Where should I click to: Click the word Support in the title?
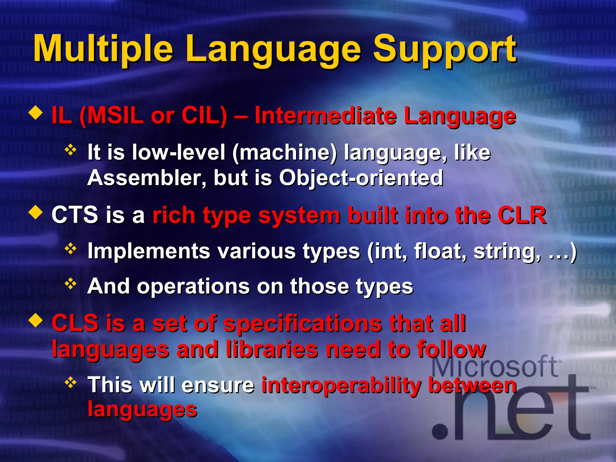(x=445, y=49)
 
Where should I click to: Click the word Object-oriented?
(x=361, y=178)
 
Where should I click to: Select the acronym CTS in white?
(x=75, y=215)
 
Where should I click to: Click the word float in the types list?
(x=439, y=251)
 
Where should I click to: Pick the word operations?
(x=193, y=286)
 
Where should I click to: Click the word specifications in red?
(x=303, y=324)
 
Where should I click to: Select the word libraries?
(x=272, y=350)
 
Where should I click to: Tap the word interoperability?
(x=341, y=385)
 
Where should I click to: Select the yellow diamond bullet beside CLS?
(x=35, y=321)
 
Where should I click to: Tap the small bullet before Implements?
(x=71, y=249)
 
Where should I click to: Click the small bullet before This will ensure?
(x=71, y=383)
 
